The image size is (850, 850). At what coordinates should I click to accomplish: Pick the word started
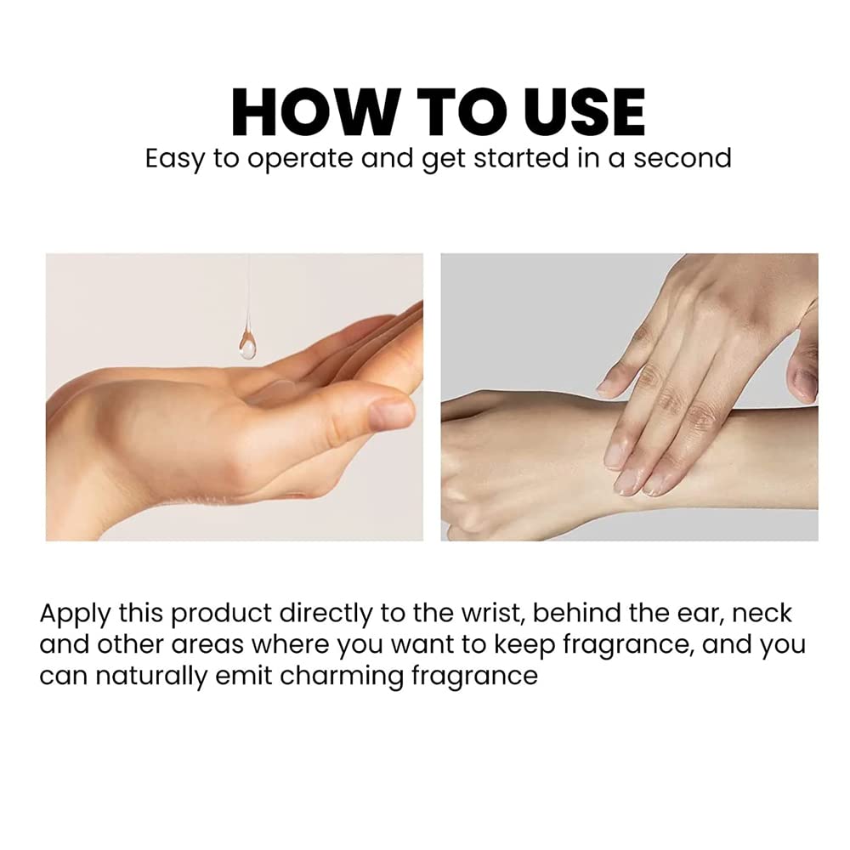[521, 158]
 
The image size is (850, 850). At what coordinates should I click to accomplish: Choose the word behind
[577, 613]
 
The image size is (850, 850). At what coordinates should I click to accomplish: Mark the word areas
[207, 645]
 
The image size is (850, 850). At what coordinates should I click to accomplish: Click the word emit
[244, 676]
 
